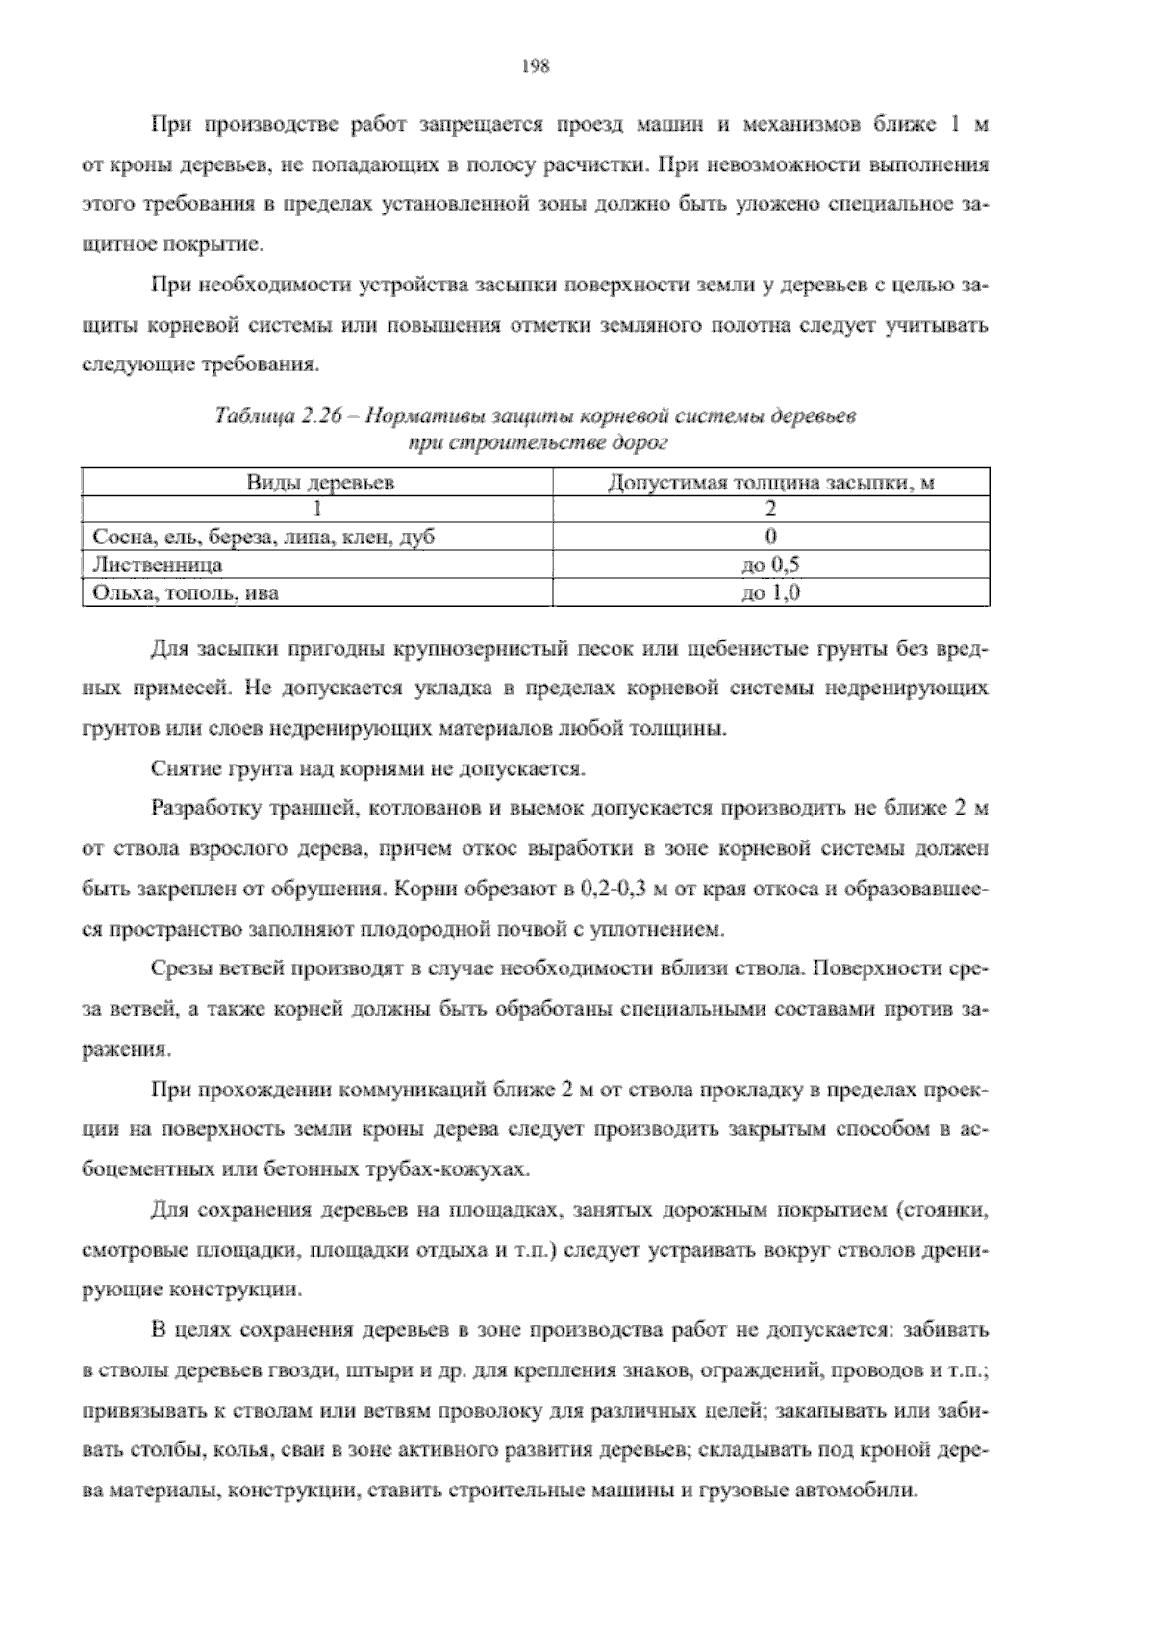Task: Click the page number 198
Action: tap(535, 66)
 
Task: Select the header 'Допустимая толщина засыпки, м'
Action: tap(771, 483)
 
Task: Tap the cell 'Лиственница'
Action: tap(157, 565)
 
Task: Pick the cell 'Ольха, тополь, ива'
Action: tap(185, 592)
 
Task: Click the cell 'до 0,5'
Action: tap(771, 565)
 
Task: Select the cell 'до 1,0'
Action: tap(771, 592)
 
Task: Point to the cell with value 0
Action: tap(771, 537)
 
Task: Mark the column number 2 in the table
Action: tap(771, 510)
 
